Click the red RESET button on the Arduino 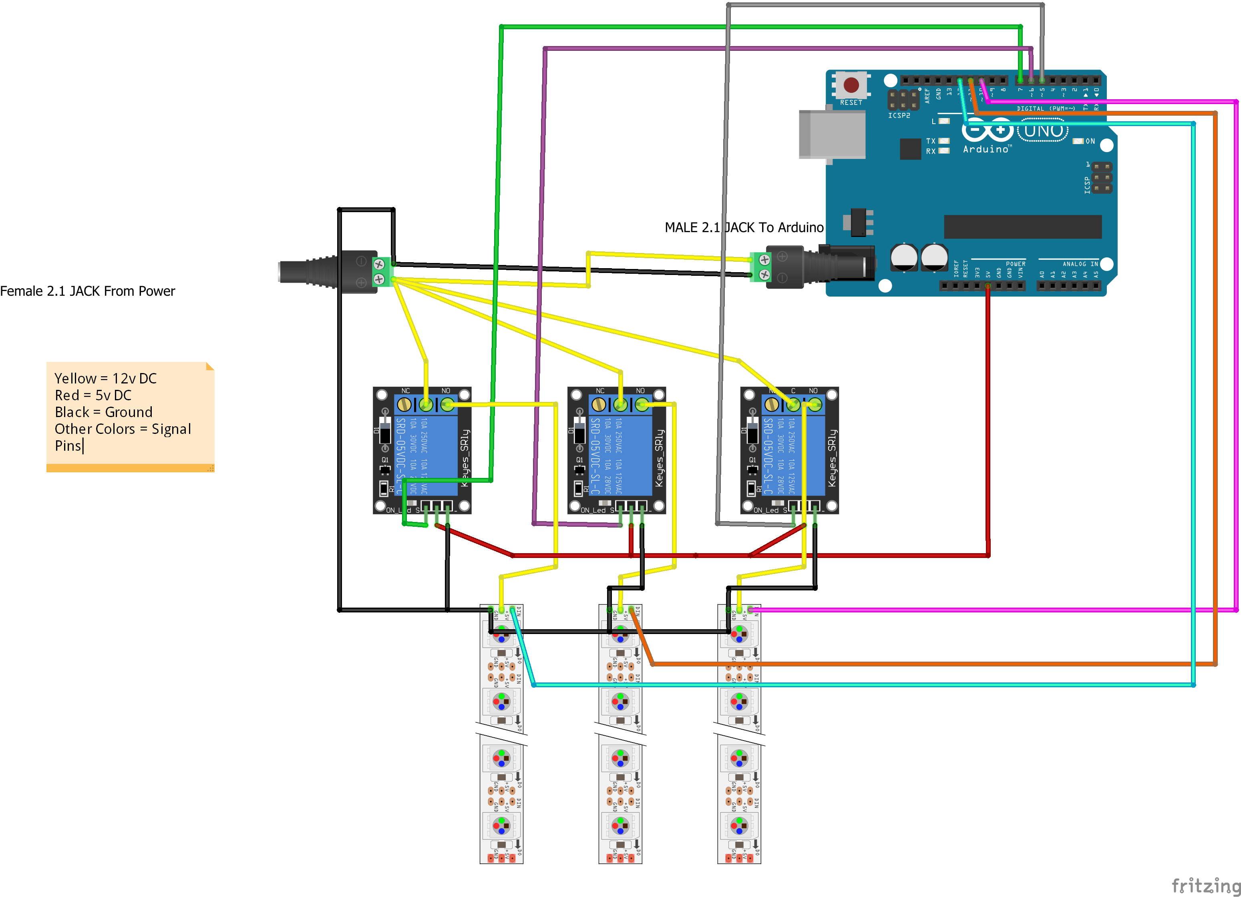[851, 85]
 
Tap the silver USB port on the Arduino [831, 134]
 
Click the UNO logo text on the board [1043, 131]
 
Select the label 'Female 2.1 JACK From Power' [88, 291]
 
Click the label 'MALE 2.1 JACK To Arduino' [744, 227]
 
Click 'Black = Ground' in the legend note [103, 412]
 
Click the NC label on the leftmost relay [406, 391]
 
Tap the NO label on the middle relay [640, 391]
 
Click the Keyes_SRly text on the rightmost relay [832, 458]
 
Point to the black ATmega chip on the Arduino [1022, 227]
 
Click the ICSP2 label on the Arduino [899, 115]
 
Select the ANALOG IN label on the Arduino [1080, 264]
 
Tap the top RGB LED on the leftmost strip [501, 635]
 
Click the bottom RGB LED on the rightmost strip [739, 825]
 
